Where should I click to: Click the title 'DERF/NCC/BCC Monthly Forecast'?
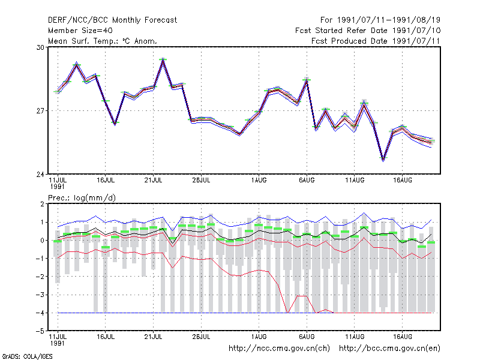(112, 20)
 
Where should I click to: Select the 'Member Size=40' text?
(80, 31)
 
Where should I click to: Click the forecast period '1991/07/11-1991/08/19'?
(389, 20)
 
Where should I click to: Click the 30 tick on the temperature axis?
(40, 47)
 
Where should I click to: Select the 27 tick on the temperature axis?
(40, 111)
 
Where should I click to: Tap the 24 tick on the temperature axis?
(40, 175)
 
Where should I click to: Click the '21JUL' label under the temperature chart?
(154, 181)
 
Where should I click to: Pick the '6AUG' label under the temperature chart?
(307, 181)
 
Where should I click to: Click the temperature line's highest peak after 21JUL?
(163, 59)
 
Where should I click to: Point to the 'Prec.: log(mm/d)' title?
(82, 198)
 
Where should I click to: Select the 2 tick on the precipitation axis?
(42, 204)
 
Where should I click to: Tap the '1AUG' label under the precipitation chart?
(259, 337)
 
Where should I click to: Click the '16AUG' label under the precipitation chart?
(403, 337)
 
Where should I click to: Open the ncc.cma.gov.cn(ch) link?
(279, 349)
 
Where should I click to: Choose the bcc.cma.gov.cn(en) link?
(389, 349)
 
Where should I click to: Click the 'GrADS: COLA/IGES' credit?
(27, 356)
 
